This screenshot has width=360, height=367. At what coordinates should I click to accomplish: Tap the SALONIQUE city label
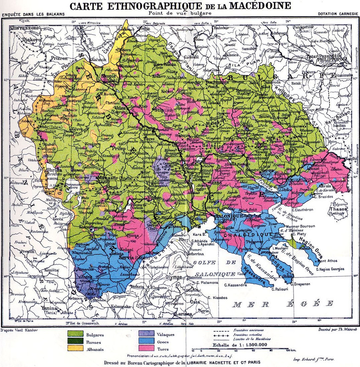tap(222, 216)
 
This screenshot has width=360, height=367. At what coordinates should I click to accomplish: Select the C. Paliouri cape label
tap(280, 290)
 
